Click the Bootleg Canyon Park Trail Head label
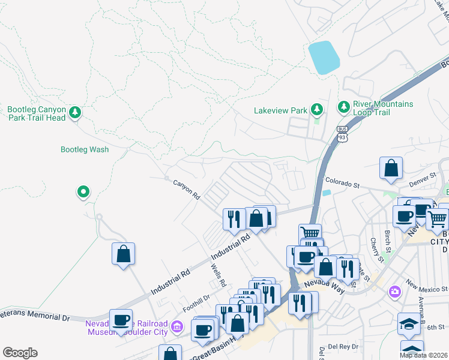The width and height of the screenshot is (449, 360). (35, 113)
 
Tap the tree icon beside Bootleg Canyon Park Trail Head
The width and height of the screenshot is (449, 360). (75, 112)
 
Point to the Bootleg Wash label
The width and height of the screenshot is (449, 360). (85, 149)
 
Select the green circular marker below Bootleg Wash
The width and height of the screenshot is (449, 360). (83, 192)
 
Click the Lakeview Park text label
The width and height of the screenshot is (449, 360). (280, 110)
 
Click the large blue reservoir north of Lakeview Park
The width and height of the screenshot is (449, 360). (323, 58)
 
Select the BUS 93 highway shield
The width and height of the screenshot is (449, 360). (342, 134)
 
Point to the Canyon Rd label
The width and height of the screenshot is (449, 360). (186, 189)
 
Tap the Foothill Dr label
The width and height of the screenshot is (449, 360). (196, 302)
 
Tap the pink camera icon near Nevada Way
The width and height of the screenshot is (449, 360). (394, 292)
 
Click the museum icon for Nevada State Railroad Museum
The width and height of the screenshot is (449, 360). (176, 326)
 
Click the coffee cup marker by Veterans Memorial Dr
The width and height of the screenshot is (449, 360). (121, 319)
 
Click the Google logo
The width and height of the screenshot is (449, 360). (20, 353)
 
